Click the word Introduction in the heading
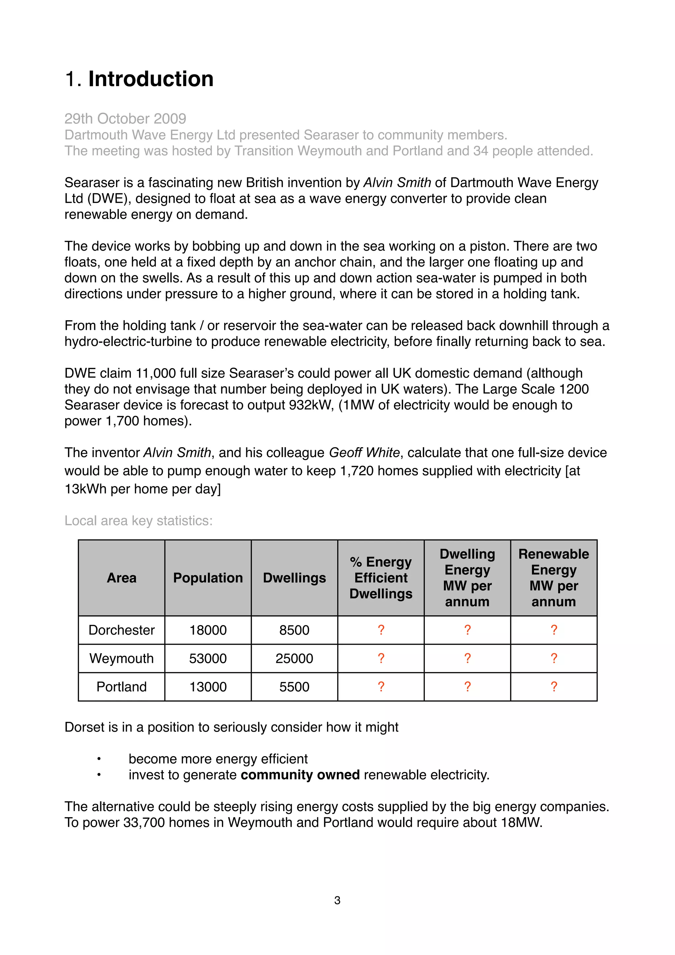(151, 79)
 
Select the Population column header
(208, 578)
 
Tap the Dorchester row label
(121, 630)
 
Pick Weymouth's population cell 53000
(208, 659)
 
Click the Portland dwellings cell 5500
(294, 687)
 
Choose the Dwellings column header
(294, 578)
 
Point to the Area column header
(121, 578)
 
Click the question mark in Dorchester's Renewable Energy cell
(554, 630)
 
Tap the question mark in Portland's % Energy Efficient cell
(381, 687)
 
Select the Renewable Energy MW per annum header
(554, 578)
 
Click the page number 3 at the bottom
(337, 901)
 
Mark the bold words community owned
(300, 775)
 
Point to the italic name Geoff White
(364, 452)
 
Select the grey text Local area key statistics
(138, 521)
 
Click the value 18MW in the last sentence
(521, 823)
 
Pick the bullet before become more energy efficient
(99, 759)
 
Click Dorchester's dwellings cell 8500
(294, 630)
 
